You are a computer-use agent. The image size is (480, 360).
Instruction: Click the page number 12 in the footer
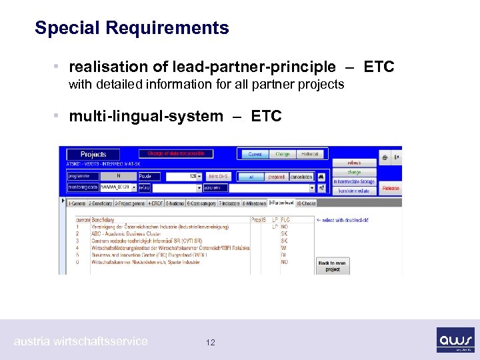pos(211,343)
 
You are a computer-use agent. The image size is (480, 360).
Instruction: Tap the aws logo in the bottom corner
pos(455,339)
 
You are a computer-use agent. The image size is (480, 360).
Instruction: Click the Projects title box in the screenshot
pos(93,154)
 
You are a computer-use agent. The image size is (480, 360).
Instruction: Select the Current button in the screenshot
pos(255,154)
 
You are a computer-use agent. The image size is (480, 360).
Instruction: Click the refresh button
pos(353,163)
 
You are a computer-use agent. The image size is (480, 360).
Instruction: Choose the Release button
pos(391,189)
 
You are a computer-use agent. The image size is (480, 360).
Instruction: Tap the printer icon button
pos(385,158)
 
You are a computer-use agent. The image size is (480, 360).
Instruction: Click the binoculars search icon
pos(321,177)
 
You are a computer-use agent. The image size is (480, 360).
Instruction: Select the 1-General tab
pos(77,203)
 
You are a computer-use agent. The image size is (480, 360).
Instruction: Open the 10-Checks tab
pos(306,203)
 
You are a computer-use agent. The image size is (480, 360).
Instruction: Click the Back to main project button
pos(333,267)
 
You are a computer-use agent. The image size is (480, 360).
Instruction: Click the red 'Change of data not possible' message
pos(177,154)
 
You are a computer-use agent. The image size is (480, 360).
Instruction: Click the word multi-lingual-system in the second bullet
pos(146,117)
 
